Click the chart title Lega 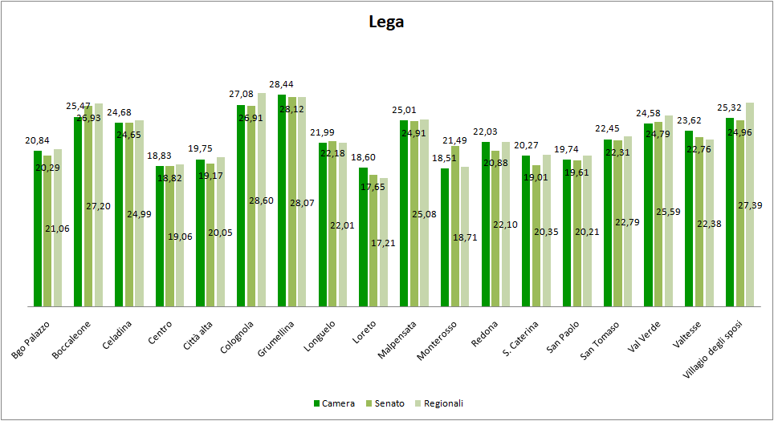(x=386, y=22)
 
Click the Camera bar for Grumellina (x=282, y=200)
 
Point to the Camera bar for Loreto (x=363, y=237)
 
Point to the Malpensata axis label (x=398, y=342)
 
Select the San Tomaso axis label (x=603, y=342)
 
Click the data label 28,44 (x=281, y=83)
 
